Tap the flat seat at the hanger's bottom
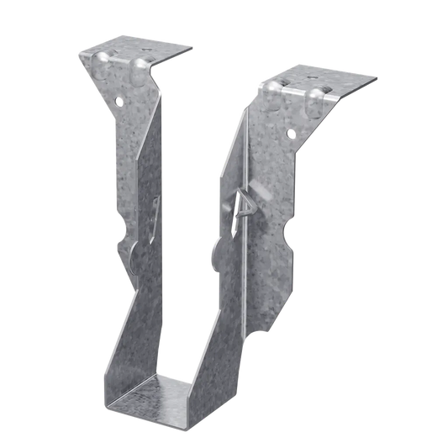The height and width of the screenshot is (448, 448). coord(168,395)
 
